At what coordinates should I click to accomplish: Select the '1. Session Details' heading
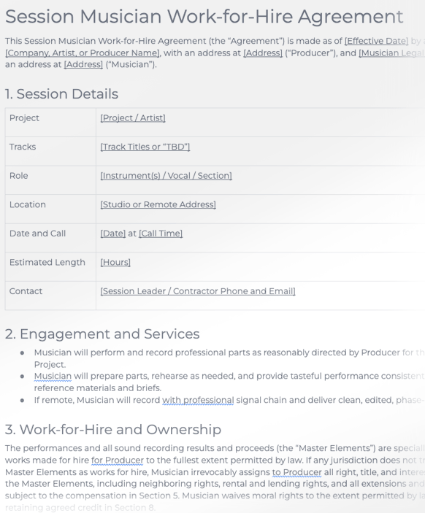(x=61, y=93)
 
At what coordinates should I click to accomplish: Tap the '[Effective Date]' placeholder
(x=376, y=41)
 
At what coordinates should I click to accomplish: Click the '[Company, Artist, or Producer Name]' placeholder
(x=80, y=53)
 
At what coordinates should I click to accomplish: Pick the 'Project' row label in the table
(x=24, y=118)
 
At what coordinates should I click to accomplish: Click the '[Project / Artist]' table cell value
(x=133, y=118)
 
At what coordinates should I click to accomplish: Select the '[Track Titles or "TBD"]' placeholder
(x=145, y=147)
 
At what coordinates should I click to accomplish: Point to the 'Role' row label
(x=18, y=176)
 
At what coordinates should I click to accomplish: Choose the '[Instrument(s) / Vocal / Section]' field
(x=166, y=176)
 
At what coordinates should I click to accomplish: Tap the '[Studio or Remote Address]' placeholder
(x=158, y=204)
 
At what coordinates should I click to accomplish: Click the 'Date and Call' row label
(x=37, y=234)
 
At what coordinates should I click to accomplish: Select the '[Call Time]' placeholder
(x=161, y=234)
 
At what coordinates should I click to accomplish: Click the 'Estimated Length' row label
(x=47, y=262)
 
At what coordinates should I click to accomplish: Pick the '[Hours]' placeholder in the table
(x=115, y=262)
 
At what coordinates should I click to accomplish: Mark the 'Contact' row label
(x=26, y=291)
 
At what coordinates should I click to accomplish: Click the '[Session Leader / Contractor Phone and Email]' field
(x=198, y=291)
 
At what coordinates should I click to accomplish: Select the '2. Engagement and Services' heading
(x=102, y=334)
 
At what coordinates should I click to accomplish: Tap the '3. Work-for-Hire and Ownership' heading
(x=113, y=429)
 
